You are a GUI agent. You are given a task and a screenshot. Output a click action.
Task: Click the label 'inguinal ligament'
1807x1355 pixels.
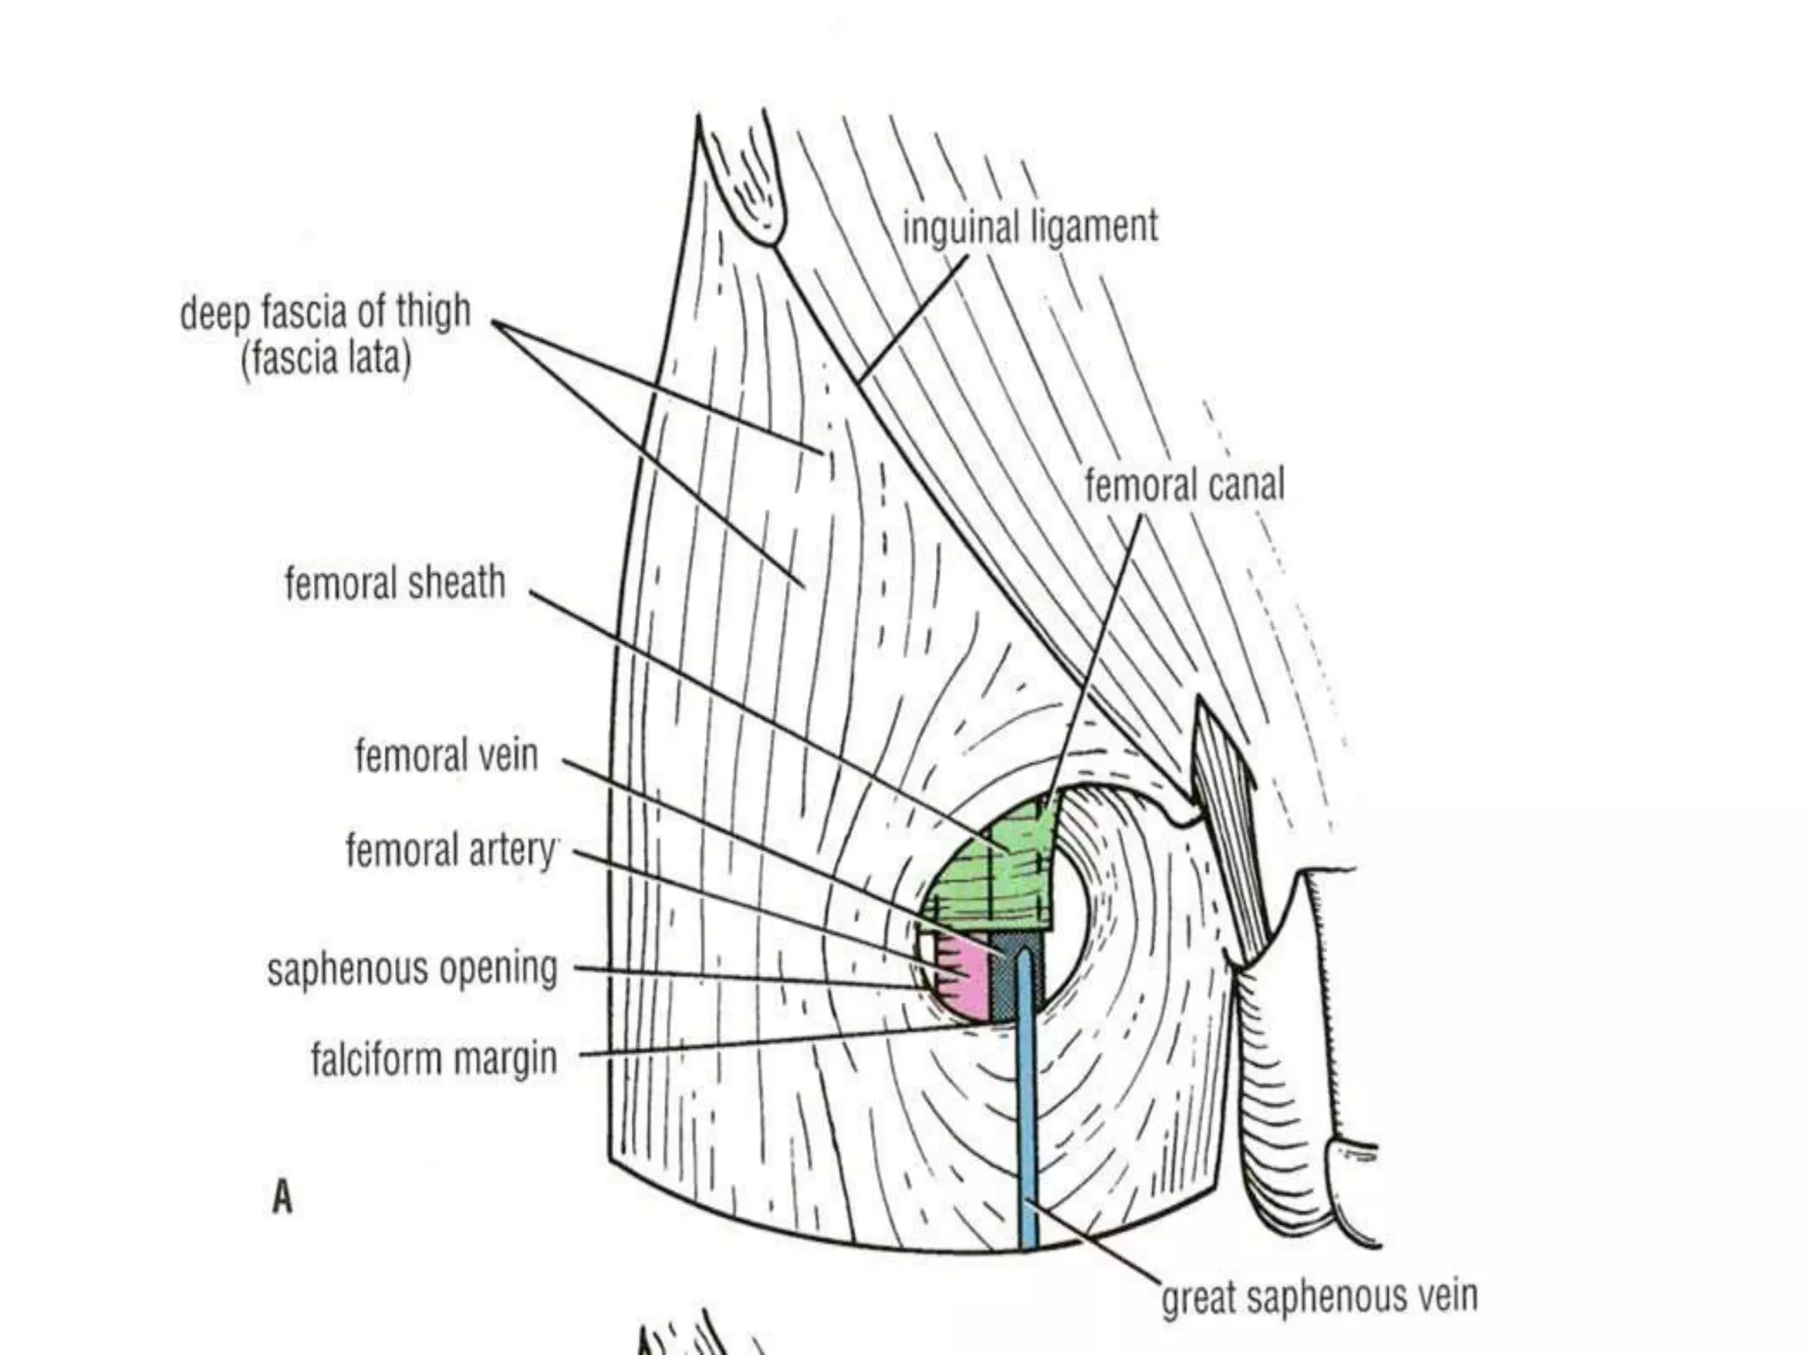[1029, 228]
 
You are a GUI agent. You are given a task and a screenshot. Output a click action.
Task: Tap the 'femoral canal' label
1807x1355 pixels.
[1184, 485]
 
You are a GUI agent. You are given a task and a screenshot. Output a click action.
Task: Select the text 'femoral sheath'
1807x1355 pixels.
[394, 583]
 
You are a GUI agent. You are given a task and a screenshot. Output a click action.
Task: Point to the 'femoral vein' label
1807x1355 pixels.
[446, 756]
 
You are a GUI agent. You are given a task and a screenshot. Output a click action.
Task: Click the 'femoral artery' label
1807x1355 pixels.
[451, 850]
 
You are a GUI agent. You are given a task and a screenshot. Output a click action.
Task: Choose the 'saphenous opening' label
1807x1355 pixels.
[412, 969]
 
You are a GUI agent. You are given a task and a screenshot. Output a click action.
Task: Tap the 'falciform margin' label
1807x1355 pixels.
[433, 1059]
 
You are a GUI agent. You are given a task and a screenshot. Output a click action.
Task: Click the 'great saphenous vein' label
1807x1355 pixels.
[1318, 1297]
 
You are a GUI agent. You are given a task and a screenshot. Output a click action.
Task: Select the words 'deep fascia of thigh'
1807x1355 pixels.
[325, 313]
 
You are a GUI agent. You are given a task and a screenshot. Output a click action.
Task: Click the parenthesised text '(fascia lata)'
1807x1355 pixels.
[326, 359]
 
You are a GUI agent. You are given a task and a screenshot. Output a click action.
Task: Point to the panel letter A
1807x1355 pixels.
[281, 1198]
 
